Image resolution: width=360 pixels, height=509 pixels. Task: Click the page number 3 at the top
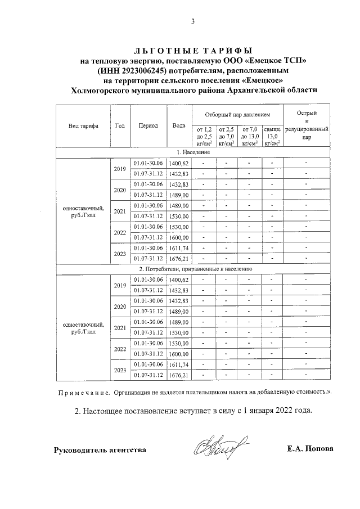point(192,22)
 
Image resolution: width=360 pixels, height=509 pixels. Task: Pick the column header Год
point(120,126)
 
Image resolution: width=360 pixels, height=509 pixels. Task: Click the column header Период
point(148,126)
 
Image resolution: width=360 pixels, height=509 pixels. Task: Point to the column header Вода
point(179,126)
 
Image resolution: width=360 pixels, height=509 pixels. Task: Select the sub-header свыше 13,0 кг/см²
point(272,136)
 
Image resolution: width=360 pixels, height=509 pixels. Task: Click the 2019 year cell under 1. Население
point(120,168)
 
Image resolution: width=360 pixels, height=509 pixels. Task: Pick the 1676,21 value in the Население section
point(179,259)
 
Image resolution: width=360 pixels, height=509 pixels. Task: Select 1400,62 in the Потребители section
point(179,280)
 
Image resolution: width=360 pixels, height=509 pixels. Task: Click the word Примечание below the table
point(83,392)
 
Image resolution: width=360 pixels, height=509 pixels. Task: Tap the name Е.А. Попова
point(310,449)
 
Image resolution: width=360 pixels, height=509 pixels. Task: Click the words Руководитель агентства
point(100,450)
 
